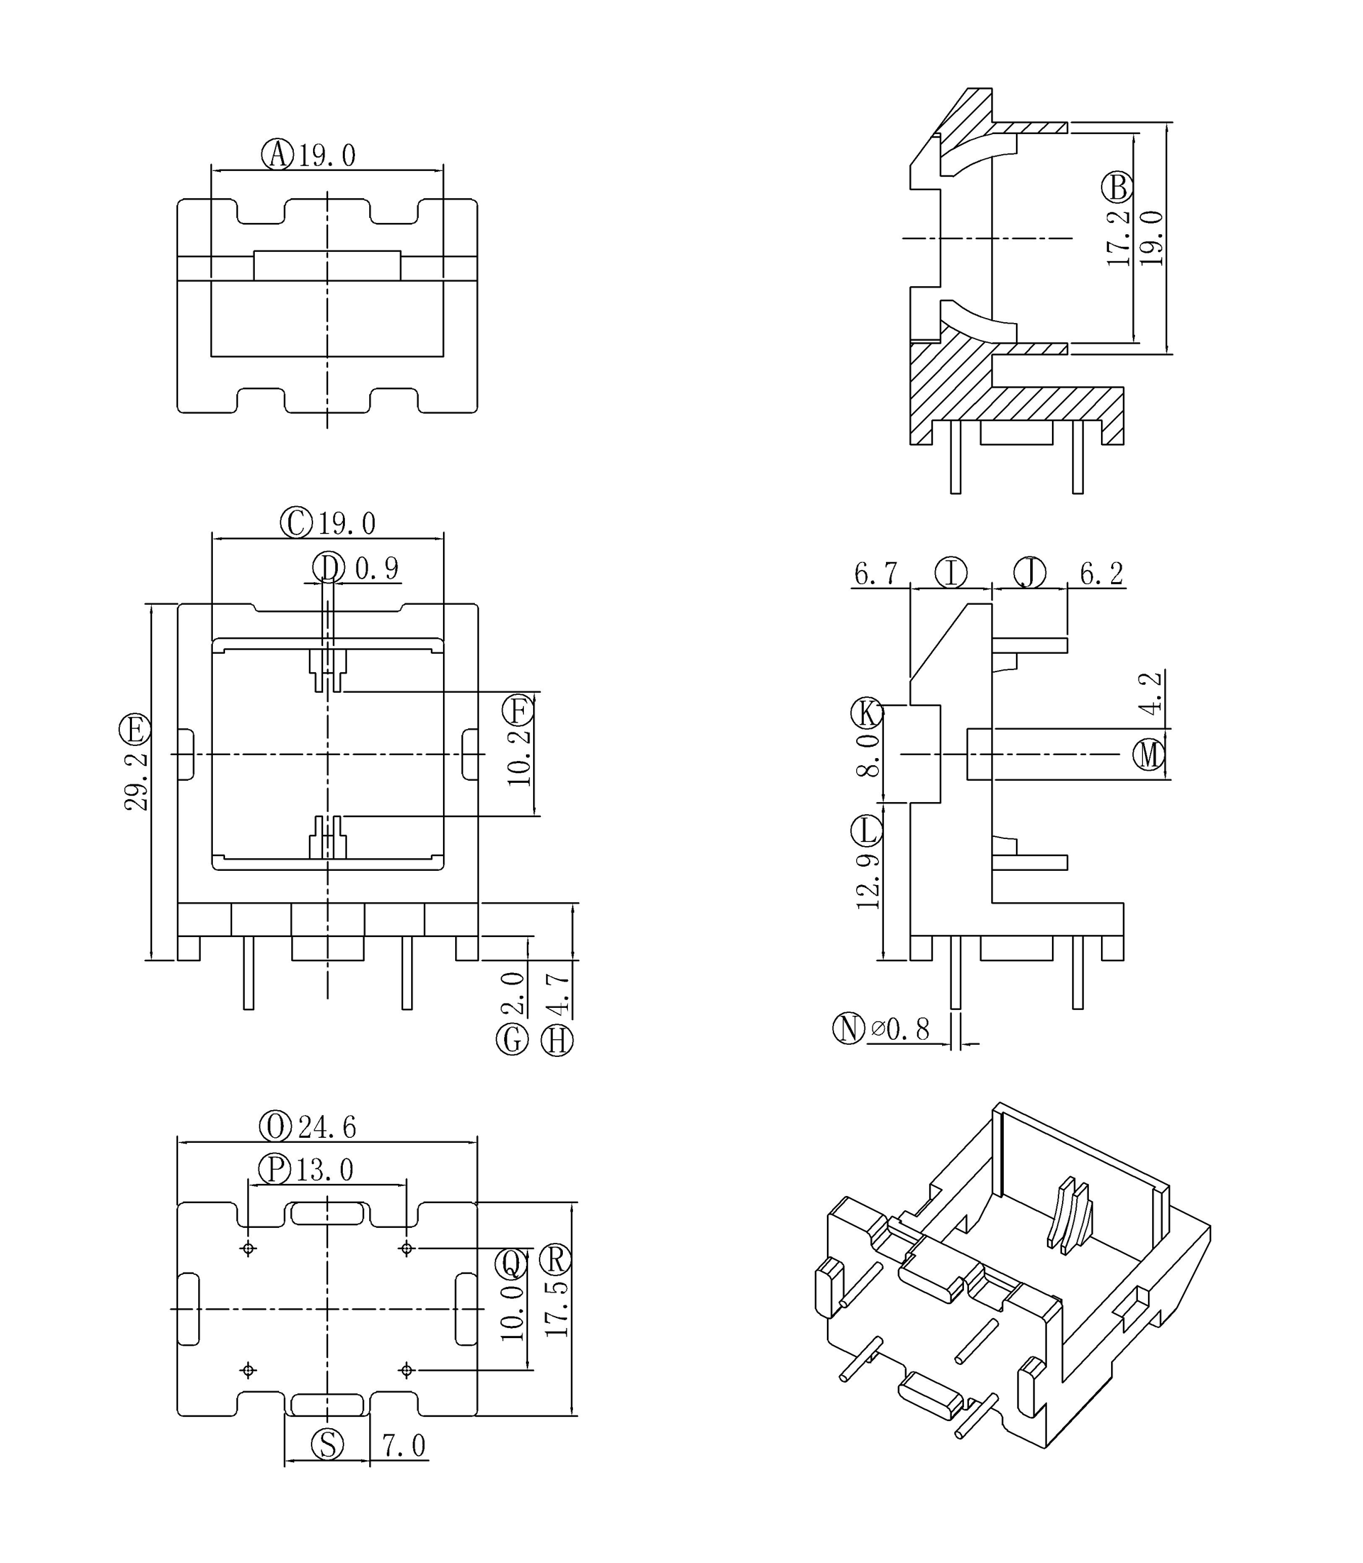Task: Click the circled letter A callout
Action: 277,155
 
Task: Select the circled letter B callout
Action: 1117,187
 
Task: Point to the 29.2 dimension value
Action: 136,782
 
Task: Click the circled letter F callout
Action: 518,711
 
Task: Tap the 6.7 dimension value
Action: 875,574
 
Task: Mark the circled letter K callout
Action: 866,713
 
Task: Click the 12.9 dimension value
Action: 867,882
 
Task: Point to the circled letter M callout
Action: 1149,755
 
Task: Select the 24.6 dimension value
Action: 327,1126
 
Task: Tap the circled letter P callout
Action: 275,1169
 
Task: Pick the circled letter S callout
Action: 328,1444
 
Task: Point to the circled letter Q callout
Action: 511,1264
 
